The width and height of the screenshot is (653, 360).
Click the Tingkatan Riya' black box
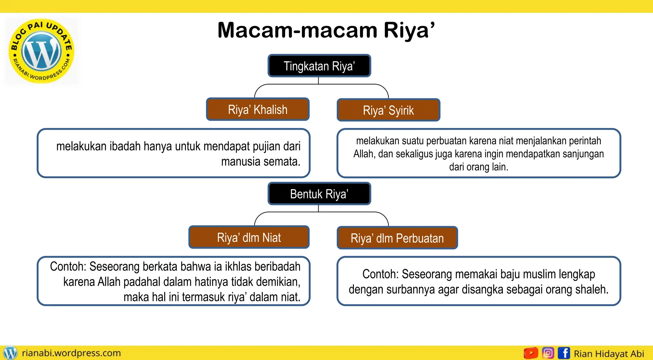319,66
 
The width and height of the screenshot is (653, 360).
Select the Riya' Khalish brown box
258,109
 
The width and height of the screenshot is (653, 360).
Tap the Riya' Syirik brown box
388,110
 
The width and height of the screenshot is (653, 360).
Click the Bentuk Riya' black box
319,194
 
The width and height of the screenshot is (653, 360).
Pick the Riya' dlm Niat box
249,237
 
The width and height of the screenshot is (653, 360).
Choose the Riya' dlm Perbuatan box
397,238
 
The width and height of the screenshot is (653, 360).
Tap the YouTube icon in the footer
531,353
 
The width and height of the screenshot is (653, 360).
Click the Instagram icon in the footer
548,353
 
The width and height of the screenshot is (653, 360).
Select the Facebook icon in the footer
564,353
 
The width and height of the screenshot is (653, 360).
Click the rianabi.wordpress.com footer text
71,353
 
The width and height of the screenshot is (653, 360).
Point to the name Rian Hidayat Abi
609,354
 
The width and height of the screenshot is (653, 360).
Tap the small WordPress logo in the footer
10,353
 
